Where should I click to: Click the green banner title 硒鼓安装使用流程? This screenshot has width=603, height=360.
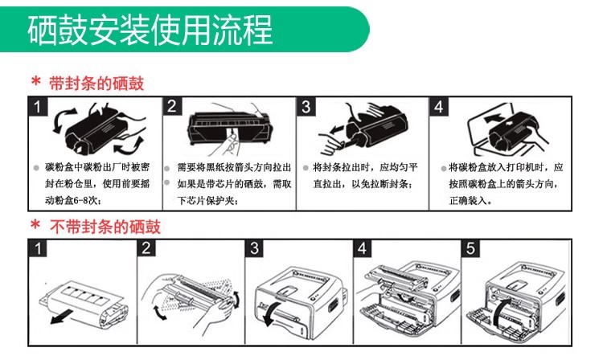point(150,30)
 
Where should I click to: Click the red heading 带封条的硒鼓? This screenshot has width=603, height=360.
point(96,84)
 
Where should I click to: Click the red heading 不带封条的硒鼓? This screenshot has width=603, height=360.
point(105,227)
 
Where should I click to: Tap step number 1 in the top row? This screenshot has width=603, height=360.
point(38,106)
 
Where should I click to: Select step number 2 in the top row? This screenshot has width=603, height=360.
point(172,106)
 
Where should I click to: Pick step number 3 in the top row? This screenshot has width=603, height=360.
point(306,106)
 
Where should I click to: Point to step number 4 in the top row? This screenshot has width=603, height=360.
point(439,106)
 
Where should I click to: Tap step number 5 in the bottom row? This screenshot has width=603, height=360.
point(470,248)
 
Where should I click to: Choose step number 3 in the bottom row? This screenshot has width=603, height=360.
point(254,248)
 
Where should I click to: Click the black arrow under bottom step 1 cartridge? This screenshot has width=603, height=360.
point(62,316)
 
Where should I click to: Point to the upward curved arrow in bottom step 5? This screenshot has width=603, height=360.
point(501,310)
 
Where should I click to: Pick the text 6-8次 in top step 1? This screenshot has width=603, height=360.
point(87,201)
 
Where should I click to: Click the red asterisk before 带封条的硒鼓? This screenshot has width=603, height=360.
point(35,82)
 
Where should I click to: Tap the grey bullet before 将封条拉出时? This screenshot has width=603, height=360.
point(306,168)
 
